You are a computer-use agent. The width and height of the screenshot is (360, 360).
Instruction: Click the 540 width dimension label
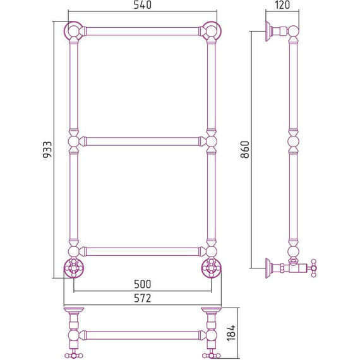(143, 5)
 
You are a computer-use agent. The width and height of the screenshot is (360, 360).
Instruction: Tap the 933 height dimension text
(48, 150)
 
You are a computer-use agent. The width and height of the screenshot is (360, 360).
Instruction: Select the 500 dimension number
(143, 284)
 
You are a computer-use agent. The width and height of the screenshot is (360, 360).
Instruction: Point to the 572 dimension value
(143, 298)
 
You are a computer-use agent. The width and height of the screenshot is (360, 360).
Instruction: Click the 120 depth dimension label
(282, 5)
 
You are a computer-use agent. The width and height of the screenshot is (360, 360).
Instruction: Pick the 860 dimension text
(245, 150)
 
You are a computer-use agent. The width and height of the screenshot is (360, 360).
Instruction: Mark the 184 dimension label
(231, 333)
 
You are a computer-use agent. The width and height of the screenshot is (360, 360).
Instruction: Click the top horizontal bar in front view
(143, 31)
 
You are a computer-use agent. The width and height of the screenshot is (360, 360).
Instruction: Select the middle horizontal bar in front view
(143, 141)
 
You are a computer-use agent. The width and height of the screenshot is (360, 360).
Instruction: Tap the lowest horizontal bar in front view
(143, 251)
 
